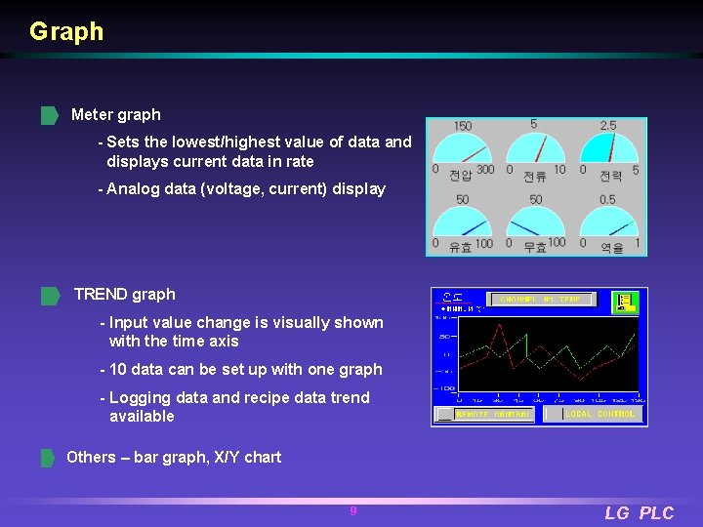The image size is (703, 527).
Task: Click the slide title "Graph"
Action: point(66,32)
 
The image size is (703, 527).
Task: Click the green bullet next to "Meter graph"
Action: point(49,116)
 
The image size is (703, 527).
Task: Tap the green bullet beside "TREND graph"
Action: point(49,296)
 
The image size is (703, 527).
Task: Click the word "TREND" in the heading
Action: point(101,295)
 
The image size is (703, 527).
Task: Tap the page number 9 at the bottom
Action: point(353,511)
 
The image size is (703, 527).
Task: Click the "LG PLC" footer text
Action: point(639,513)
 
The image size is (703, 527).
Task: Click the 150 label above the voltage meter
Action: point(463,126)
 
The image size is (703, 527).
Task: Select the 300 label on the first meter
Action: point(484,170)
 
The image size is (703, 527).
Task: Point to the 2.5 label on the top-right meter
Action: point(607,126)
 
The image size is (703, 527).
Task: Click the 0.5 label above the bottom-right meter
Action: point(607,200)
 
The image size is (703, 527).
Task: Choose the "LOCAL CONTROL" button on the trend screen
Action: point(600,414)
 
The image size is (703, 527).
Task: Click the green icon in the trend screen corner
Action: point(624,302)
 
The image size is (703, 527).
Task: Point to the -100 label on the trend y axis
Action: point(445,388)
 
